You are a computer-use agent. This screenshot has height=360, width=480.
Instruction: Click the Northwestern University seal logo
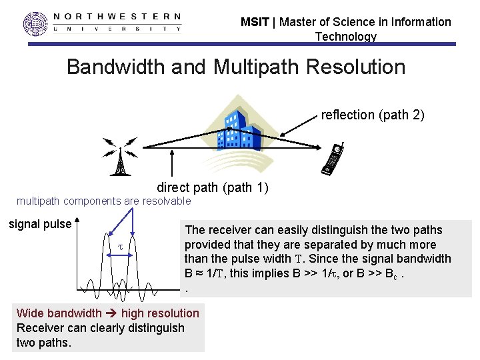pyautogui.click(x=36, y=23)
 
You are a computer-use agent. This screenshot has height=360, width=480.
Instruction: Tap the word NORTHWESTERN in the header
pyautogui.click(x=117, y=17)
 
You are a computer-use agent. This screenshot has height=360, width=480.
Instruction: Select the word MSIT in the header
pyautogui.click(x=255, y=22)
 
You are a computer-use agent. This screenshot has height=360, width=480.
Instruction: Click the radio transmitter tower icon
pyautogui.click(x=120, y=157)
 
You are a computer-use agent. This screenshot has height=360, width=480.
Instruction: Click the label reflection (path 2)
pyautogui.click(x=372, y=115)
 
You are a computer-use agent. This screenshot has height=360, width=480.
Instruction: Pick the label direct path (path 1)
pyautogui.click(x=212, y=187)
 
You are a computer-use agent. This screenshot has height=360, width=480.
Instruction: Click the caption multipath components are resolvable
pyautogui.click(x=103, y=201)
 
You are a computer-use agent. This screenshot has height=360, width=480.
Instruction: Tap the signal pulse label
pyautogui.click(x=39, y=224)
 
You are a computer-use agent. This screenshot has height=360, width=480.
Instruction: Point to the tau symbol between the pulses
pyautogui.click(x=121, y=247)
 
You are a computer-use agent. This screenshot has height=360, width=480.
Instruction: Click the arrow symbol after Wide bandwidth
pyautogui.click(x=111, y=313)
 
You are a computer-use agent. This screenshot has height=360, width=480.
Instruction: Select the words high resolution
pyautogui.click(x=160, y=313)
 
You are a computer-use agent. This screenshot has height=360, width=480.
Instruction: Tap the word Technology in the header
pyautogui.click(x=345, y=37)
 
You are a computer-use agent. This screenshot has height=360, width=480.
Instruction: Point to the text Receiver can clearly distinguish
pyautogui.click(x=100, y=328)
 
